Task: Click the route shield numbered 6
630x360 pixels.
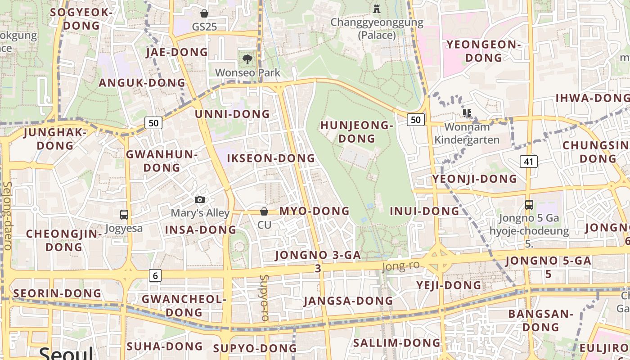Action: (155, 275)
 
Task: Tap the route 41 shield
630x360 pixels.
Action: (528, 161)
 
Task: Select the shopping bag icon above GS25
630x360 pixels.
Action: (204, 13)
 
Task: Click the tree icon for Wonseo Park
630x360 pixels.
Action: (247, 59)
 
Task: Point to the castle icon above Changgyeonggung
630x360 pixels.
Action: (377, 8)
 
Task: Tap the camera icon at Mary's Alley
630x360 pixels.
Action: (200, 199)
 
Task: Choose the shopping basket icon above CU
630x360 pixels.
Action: (264, 211)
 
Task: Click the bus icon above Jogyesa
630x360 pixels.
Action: (124, 215)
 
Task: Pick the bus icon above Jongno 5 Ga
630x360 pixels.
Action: (529, 205)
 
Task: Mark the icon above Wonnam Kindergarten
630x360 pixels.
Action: (467, 113)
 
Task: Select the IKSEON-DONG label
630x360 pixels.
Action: (271, 158)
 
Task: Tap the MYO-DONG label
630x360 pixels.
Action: (314, 211)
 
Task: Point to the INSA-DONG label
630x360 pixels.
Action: (201, 230)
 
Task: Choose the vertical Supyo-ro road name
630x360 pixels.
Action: (265, 297)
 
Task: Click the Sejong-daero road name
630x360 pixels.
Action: (7, 216)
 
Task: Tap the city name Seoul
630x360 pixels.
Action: (66, 353)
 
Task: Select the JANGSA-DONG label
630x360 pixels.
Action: (348, 301)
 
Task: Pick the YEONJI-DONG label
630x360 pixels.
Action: (475, 179)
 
